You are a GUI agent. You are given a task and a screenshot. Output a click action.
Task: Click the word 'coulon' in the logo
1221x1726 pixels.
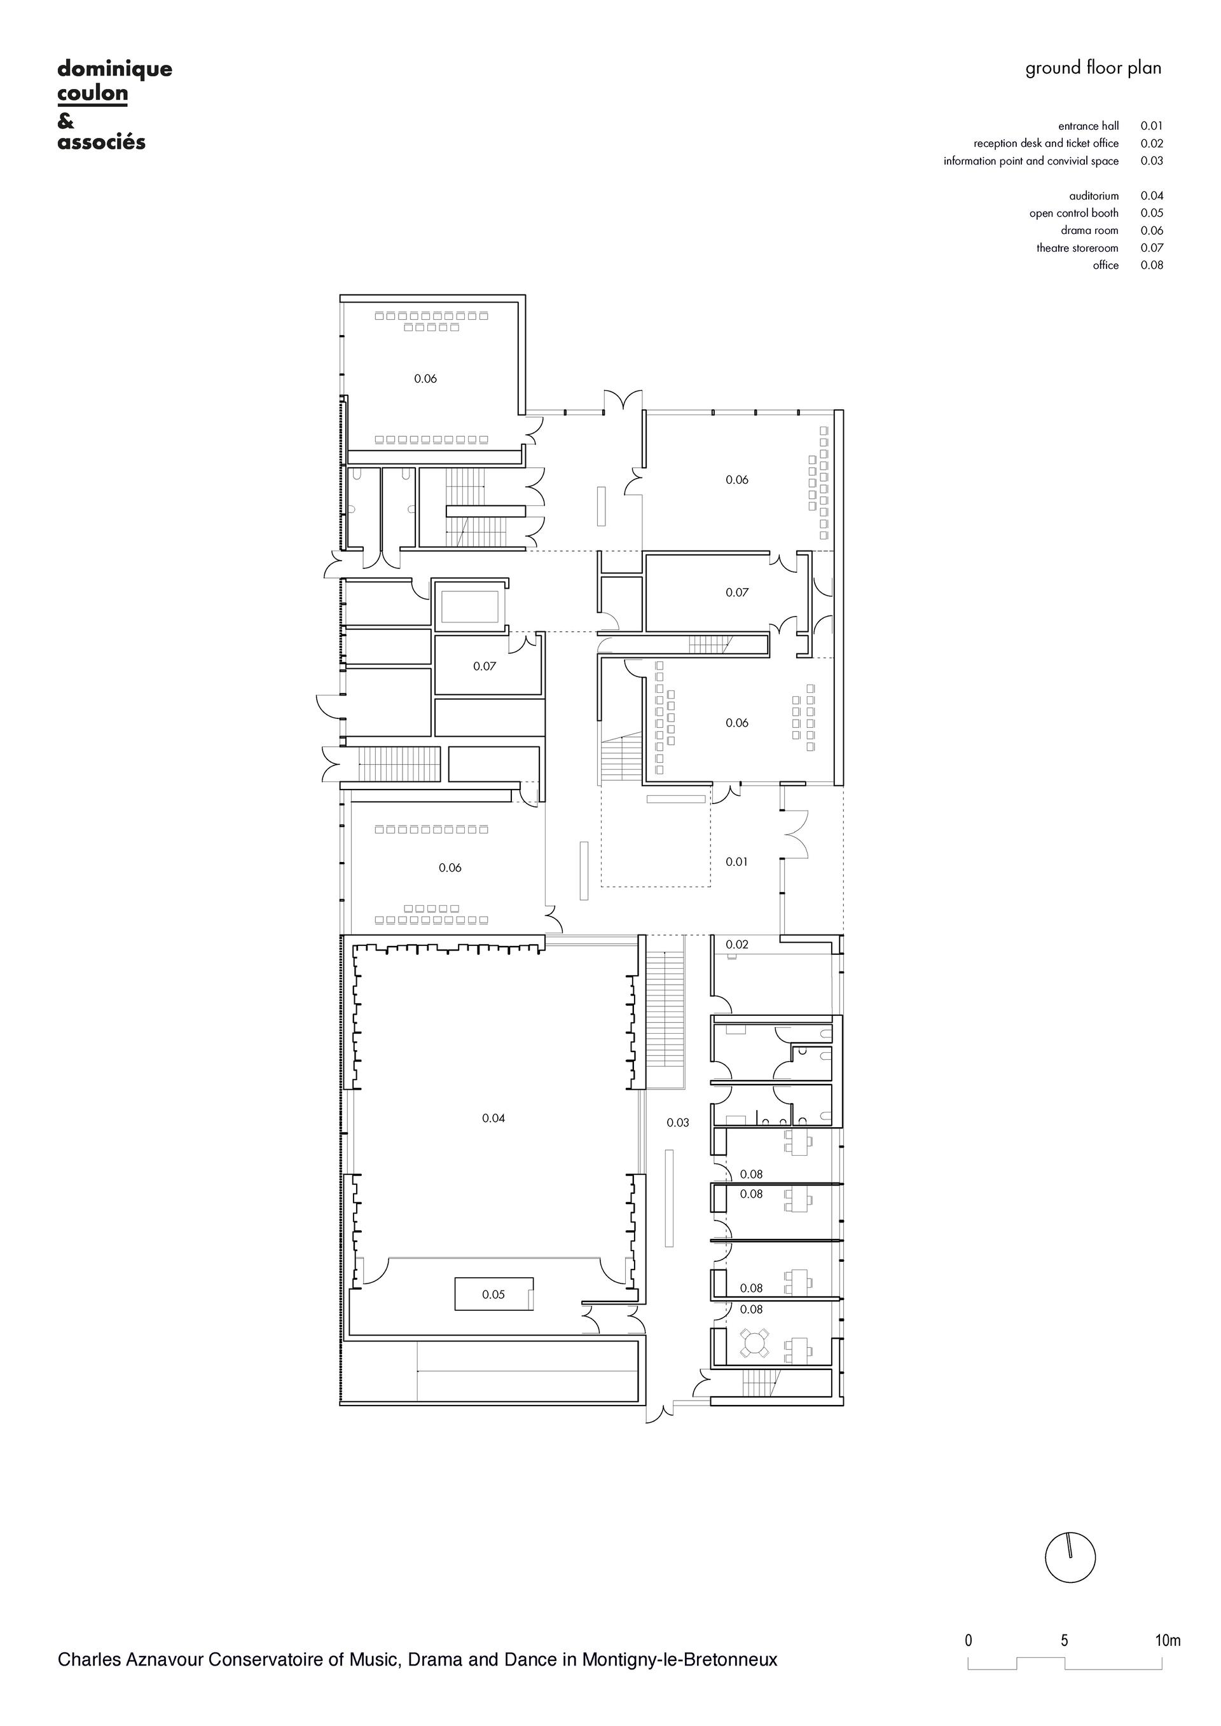(92, 94)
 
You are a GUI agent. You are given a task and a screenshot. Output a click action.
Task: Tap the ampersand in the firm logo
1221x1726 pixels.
(66, 121)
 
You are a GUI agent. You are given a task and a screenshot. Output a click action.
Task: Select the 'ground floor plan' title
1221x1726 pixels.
(1093, 69)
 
